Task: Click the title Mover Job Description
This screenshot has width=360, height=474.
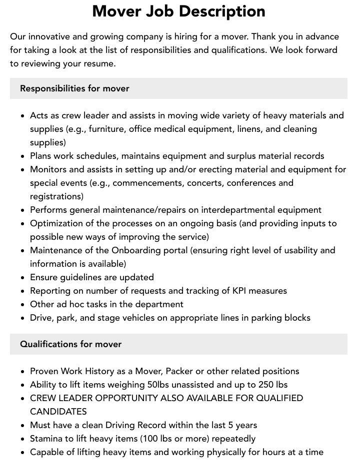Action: click(178, 11)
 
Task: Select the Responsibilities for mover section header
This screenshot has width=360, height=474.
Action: click(74, 88)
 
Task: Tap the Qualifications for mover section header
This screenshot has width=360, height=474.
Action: click(70, 344)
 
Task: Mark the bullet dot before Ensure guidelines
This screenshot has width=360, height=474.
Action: click(23, 278)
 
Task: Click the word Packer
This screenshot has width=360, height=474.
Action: click(179, 371)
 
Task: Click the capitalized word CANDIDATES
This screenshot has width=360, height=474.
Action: click(58, 412)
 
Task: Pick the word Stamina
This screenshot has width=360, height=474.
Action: click(48, 439)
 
